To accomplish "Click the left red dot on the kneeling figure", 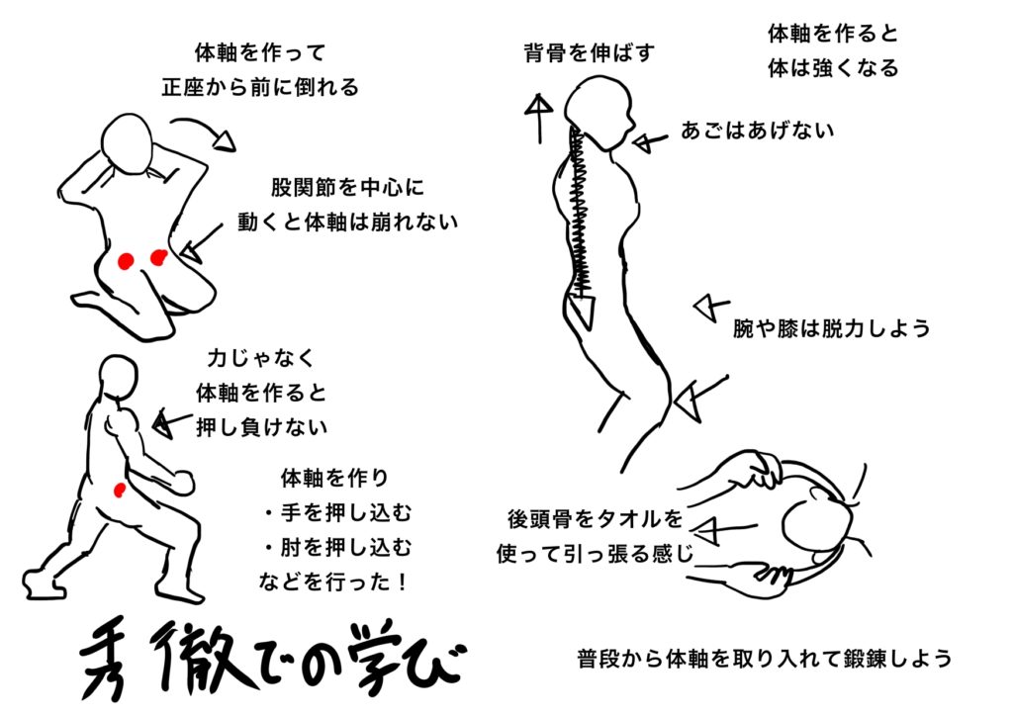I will [x=126, y=261].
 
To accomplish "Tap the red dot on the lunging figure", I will [x=120, y=489].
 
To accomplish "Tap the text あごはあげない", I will [x=757, y=130].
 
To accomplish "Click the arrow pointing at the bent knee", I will [x=695, y=395].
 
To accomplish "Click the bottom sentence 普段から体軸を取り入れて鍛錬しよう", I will [x=764, y=658].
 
